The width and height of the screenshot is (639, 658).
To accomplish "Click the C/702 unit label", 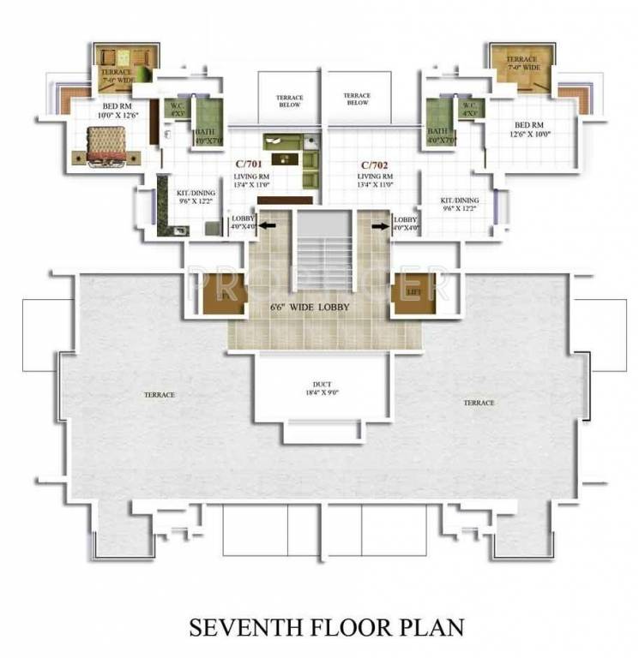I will (x=375, y=163).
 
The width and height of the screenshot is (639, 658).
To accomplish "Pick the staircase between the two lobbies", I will (x=323, y=249).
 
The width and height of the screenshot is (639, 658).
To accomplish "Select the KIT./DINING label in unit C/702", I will (x=460, y=204).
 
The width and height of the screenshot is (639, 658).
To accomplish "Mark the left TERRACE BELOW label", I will (x=290, y=101).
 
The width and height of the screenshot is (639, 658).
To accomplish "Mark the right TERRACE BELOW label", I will (x=356, y=99).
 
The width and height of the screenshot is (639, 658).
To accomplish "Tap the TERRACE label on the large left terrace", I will (x=160, y=395).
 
